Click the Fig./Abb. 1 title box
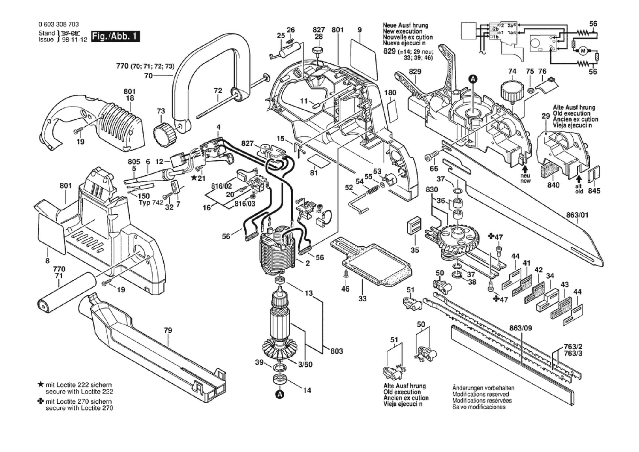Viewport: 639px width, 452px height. click(x=115, y=36)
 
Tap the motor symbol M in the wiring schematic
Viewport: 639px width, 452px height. click(x=583, y=51)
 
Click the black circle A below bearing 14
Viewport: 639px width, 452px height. click(x=280, y=395)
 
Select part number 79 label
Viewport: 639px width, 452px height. click(x=168, y=330)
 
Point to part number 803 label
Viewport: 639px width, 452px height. click(x=337, y=351)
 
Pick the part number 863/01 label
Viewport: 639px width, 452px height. click(x=577, y=215)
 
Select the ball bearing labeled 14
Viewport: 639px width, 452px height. click(x=280, y=379)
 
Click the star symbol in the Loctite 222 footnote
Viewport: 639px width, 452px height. click(x=41, y=384)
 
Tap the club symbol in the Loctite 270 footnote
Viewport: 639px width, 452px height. click(x=41, y=401)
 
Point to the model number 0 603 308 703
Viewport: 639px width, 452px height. click(x=59, y=24)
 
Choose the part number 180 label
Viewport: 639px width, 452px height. click(x=390, y=93)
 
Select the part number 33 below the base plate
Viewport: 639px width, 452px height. click(x=362, y=298)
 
